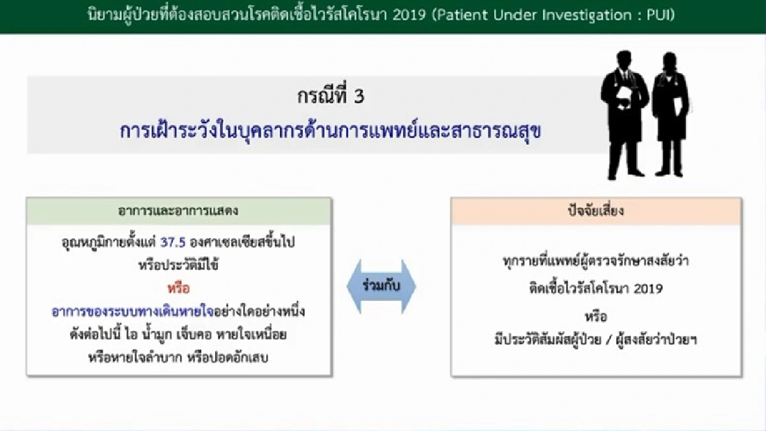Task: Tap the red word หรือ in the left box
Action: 178,289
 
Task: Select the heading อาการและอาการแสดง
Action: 178,211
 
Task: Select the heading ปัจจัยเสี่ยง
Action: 596,211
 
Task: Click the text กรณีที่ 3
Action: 331,97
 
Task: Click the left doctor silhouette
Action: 624,121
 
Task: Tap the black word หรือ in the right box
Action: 596,316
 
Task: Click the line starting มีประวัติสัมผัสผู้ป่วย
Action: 596,339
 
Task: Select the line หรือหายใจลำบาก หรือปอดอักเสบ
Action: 178,357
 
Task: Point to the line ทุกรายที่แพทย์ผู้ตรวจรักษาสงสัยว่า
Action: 596,261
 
